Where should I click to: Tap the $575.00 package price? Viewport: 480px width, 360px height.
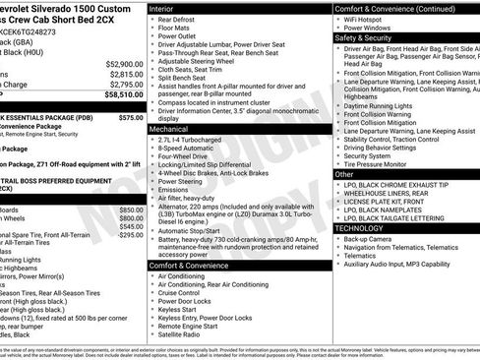[x=130, y=117]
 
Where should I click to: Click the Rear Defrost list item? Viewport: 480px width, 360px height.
[x=178, y=19]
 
